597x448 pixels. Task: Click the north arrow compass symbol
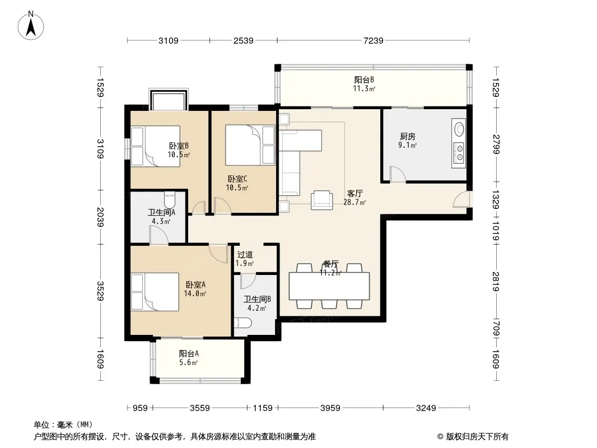pyautogui.click(x=31, y=26)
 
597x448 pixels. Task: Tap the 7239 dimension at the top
pyautogui.click(x=373, y=40)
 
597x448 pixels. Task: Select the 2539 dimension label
pyautogui.click(x=243, y=40)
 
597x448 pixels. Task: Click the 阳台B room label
pyautogui.click(x=364, y=80)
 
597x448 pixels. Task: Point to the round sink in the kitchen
pyautogui.click(x=460, y=128)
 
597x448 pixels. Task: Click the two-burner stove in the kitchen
pyautogui.click(x=460, y=152)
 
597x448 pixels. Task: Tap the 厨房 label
pyautogui.click(x=407, y=136)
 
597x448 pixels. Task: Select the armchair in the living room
pyautogui.click(x=321, y=200)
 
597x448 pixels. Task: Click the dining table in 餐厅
pyautogui.click(x=329, y=286)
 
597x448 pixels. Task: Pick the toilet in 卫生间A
pyautogui.click(x=170, y=199)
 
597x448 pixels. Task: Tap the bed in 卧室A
pyautogui.click(x=155, y=292)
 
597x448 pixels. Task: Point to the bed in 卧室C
pyautogui.click(x=250, y=145)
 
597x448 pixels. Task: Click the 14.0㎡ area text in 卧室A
pyautogui.click(x=195, y=293)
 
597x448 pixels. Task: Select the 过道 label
pyautogui.click(x=245, y=255)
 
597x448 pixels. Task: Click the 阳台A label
pyautogui.click(x=189, y=353)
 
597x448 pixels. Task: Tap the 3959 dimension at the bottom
pyautogui.click(x=330, y=408)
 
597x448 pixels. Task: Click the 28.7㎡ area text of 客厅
pyautogui.click(x=355, y=203)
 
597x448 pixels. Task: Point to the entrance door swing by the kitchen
pyautogui.click(x=461, y=199)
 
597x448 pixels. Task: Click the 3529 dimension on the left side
pyautogui.click(x=100, y=291)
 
